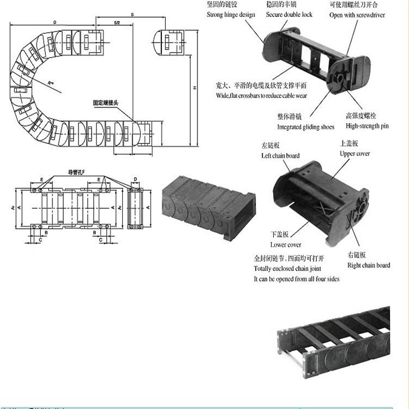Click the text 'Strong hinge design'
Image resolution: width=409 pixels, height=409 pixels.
click(231, 15)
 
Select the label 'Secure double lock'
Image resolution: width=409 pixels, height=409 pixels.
click(289, 15)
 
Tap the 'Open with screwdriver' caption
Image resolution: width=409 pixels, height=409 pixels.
click(357, 15)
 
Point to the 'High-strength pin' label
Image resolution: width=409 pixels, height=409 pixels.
click(367, 126)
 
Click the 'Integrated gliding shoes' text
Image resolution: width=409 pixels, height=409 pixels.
click(305, 127)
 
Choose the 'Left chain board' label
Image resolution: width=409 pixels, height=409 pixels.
click(280, 156)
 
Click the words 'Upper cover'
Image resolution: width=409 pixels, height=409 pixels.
click(355, 154)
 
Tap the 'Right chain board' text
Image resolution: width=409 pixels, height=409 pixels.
click(369, 266)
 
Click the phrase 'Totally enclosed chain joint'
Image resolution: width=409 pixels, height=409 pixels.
click(287, 269)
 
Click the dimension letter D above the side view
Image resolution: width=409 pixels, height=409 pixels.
click(135, 178)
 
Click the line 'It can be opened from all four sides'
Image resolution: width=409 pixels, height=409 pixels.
click(296, 279)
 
